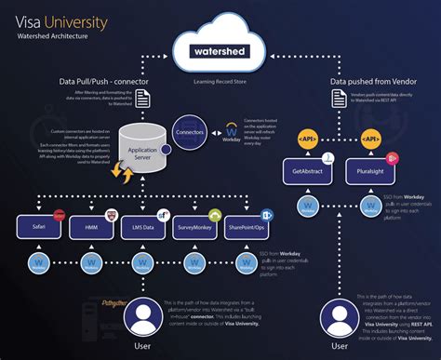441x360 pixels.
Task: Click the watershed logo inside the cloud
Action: (x=220, y=51)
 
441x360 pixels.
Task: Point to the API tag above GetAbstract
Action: (x=311, y=140)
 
